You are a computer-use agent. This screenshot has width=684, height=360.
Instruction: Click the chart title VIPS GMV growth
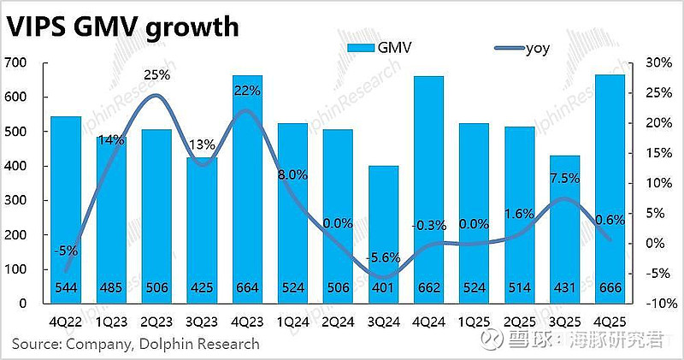(121, 27)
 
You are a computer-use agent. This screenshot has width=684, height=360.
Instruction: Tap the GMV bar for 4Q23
(247, 188)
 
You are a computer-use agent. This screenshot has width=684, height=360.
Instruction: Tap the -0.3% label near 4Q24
(427, 225)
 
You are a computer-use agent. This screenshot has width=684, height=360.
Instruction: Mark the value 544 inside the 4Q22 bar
(65, 288)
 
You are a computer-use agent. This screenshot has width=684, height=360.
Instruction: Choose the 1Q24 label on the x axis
(293, 323)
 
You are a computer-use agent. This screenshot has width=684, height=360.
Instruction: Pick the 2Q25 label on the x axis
(519, 323)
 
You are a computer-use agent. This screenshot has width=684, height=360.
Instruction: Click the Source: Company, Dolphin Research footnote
(135, 344)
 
